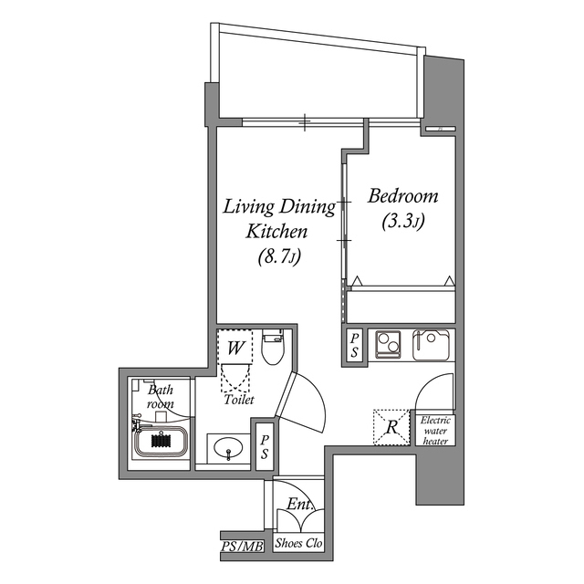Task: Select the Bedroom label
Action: [x=402, y=196]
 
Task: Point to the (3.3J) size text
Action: [x=402, y=221]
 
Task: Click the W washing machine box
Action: [x=235, y=348]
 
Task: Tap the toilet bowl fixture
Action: [x=273, y=348]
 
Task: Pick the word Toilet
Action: [x=238, y=400]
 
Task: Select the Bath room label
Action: [x=161, y=396]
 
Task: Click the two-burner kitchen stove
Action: [x=390, y=345]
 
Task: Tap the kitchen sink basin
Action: [x=432, y=345]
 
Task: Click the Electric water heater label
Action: [x=435, y=431]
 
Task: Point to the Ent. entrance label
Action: [x=300, y=505]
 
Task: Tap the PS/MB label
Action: [x=242, y=547]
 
